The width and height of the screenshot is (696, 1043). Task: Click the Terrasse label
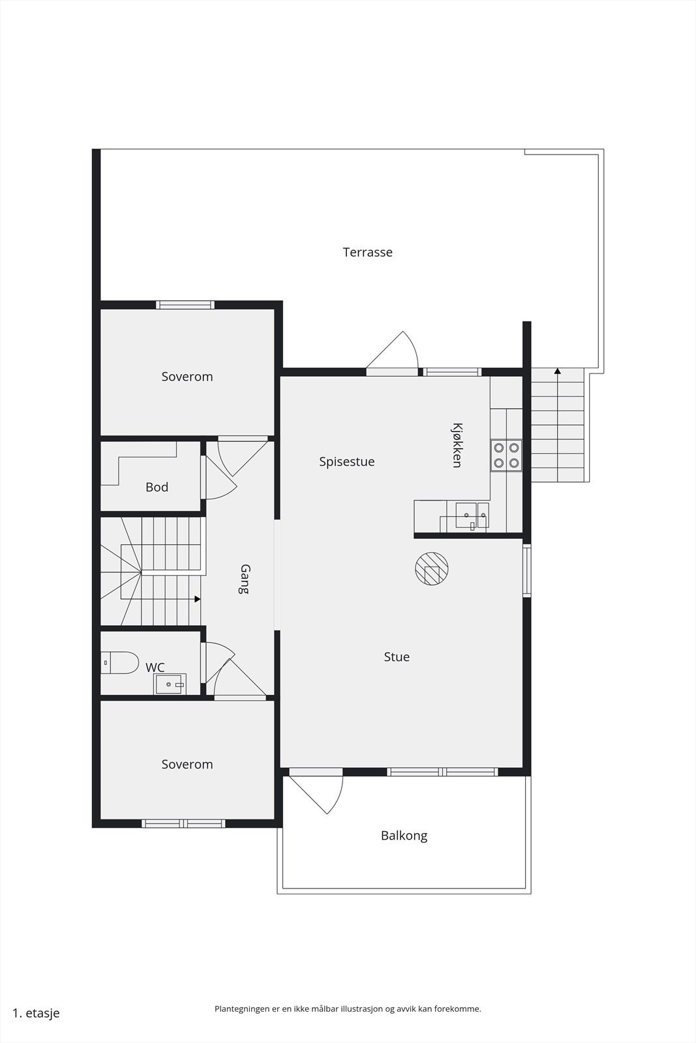367,252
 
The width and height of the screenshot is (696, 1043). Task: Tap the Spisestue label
346,462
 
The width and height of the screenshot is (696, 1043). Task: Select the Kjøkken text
457,445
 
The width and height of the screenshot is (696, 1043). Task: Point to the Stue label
397,657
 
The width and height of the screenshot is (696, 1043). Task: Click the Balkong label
404,836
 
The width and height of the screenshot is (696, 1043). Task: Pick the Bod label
157,488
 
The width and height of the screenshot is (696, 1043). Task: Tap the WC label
155,668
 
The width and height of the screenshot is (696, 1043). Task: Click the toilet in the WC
120,662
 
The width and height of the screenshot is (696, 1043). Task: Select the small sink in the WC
170,684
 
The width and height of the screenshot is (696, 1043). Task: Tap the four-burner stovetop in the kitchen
506,456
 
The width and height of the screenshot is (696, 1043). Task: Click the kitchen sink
472,516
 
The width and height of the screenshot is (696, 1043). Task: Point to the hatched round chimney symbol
431,568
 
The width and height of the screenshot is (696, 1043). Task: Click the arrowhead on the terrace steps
557,371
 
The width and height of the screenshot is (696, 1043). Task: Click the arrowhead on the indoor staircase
198,599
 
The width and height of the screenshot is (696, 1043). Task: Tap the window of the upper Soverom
185,305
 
